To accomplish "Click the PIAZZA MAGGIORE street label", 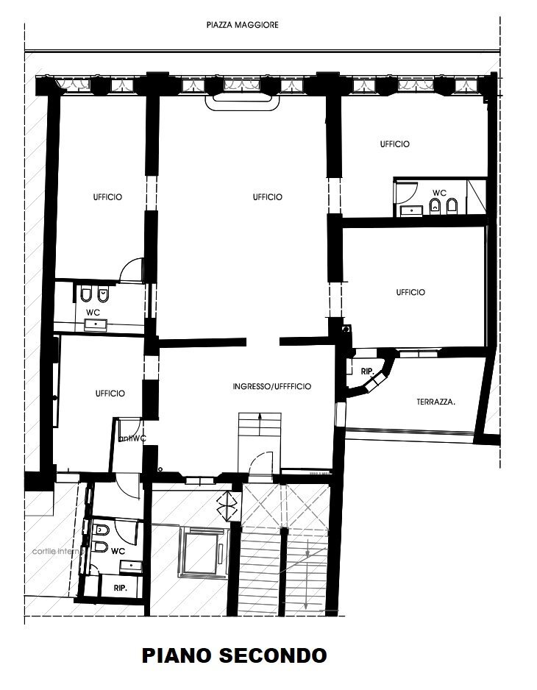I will coord(242,24).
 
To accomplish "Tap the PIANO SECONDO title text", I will coord(234,654).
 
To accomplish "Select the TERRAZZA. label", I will coord(435,402).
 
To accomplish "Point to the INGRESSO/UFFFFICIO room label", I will coord(271,386).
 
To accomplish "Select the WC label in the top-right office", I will coord(438,193).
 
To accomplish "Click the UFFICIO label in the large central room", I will coord(267,197).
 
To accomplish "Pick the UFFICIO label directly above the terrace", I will coord(410,292).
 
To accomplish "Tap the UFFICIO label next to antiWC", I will coord(110,394).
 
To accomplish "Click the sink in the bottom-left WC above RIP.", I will coord(131,564).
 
